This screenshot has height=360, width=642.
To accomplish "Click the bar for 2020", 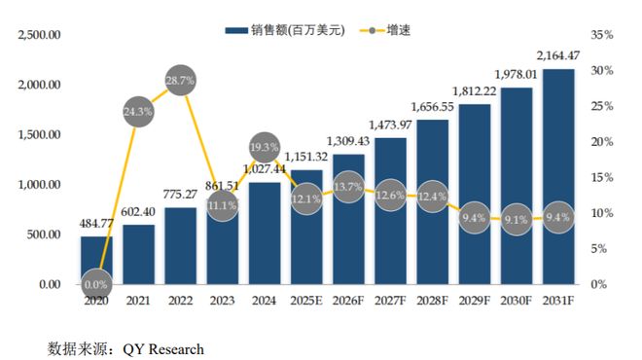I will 96,260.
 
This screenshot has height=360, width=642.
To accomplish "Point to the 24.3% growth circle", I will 138,111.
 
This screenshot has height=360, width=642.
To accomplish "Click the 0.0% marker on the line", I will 96,283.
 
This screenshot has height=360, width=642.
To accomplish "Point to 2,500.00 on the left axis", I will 38,35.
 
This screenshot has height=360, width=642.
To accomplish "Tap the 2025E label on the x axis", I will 305,302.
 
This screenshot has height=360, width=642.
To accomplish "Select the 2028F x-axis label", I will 431,302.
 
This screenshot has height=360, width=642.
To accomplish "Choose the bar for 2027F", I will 389,210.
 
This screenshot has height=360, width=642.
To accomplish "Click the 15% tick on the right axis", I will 601,177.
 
